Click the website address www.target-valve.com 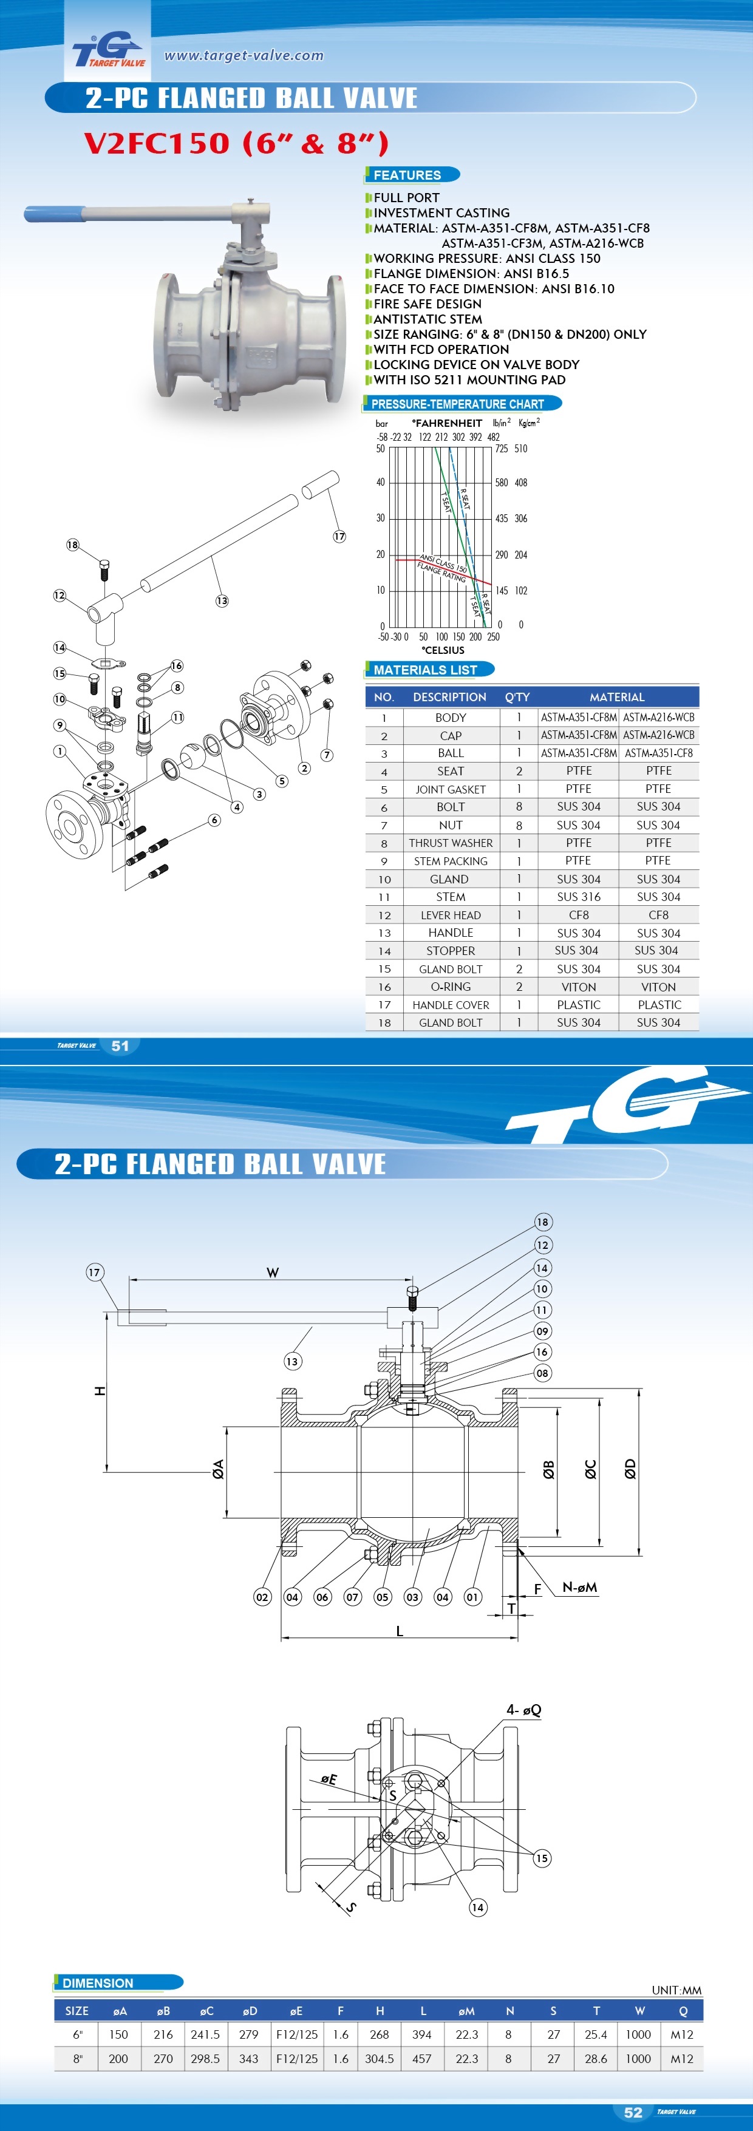tap(244, 55)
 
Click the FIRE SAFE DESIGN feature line tap(427, 304)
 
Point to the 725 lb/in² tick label tap(502, 449)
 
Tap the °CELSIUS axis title tap(443, 650)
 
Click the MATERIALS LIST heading tap(425, 669)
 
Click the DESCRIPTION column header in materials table tap(449, 696)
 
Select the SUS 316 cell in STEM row tap(578, 897)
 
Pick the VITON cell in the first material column tap(578, 987)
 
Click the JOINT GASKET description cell tap(450, 789)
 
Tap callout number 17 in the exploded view tap(339, 536)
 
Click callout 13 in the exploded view tap(222, 600)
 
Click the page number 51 tap(120, 1045)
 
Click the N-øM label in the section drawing tap(579, 1586)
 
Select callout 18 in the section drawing tap(542, 1222)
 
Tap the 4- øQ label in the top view tap(524, 1709)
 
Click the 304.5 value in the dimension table tap(380, 2058)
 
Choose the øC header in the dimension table tap(206, 2011)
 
